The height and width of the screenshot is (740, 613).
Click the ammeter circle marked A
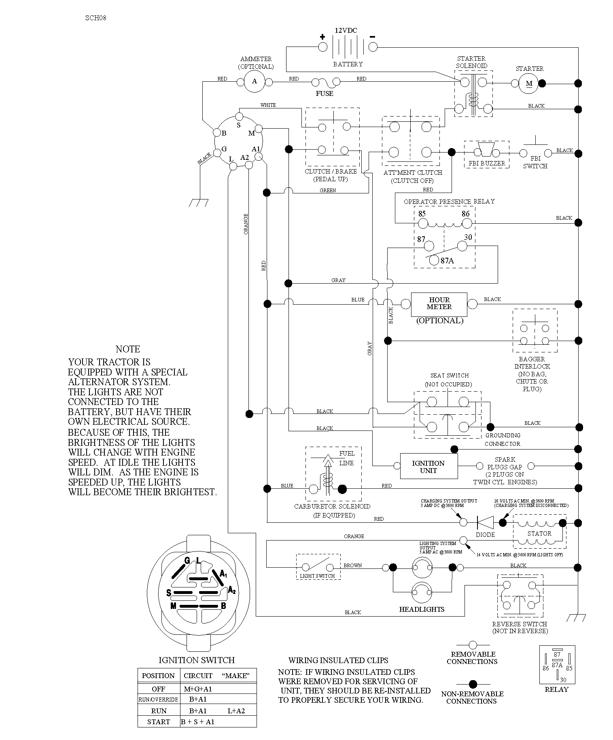coord(255,81)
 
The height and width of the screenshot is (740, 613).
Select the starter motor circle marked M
coord(529,84)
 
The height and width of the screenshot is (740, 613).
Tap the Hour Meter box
coord(439,304)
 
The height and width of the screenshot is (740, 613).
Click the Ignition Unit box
coord(429,466)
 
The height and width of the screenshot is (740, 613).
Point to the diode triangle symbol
coord(485,522)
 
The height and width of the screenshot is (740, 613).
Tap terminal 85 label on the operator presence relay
coord(422,214)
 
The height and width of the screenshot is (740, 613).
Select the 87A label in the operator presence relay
coord(447,261)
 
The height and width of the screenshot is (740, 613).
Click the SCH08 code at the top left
coord(96,18)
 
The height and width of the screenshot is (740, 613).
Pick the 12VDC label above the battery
coord(346,30)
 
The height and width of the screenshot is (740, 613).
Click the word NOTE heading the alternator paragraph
coord(128,349)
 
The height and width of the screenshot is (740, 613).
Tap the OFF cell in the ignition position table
coord(159,689)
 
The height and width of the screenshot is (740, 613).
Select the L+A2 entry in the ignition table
coord(236,711)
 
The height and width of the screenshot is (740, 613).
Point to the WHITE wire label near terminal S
coord(268,105)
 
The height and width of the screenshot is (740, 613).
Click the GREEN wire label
coord(328,190)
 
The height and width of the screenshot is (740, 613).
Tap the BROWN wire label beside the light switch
coord(353,565)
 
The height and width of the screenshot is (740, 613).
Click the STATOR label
coord(539,534)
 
